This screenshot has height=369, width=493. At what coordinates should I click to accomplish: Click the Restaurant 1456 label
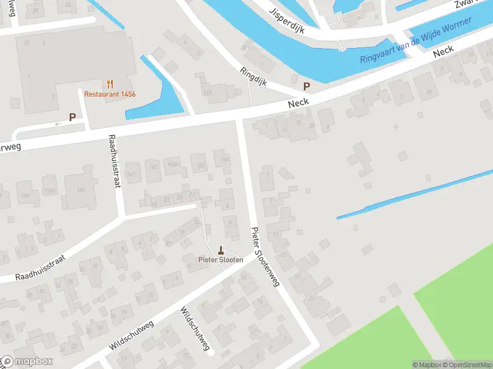110,94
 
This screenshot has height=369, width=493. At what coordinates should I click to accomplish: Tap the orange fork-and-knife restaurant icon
110,84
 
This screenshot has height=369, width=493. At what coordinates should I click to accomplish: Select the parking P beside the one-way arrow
73,117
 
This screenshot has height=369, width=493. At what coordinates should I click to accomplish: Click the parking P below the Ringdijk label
306,87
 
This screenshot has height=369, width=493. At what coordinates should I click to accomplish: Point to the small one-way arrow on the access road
59,124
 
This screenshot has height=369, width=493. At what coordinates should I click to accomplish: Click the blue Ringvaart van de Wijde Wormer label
416,40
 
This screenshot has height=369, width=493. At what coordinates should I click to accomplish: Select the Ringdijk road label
253,76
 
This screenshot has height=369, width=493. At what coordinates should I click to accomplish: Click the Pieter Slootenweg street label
266,257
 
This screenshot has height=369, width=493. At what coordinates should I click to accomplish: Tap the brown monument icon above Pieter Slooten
221,250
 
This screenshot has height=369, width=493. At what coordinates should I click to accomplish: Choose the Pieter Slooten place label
221,260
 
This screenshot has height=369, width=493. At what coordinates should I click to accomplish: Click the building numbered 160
80,189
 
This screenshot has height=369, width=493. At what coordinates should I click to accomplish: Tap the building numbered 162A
174,165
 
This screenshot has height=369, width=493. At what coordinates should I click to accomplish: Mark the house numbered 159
26,196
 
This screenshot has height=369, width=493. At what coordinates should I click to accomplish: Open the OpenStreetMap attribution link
466,365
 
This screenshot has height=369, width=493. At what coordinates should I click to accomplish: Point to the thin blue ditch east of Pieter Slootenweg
413,194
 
